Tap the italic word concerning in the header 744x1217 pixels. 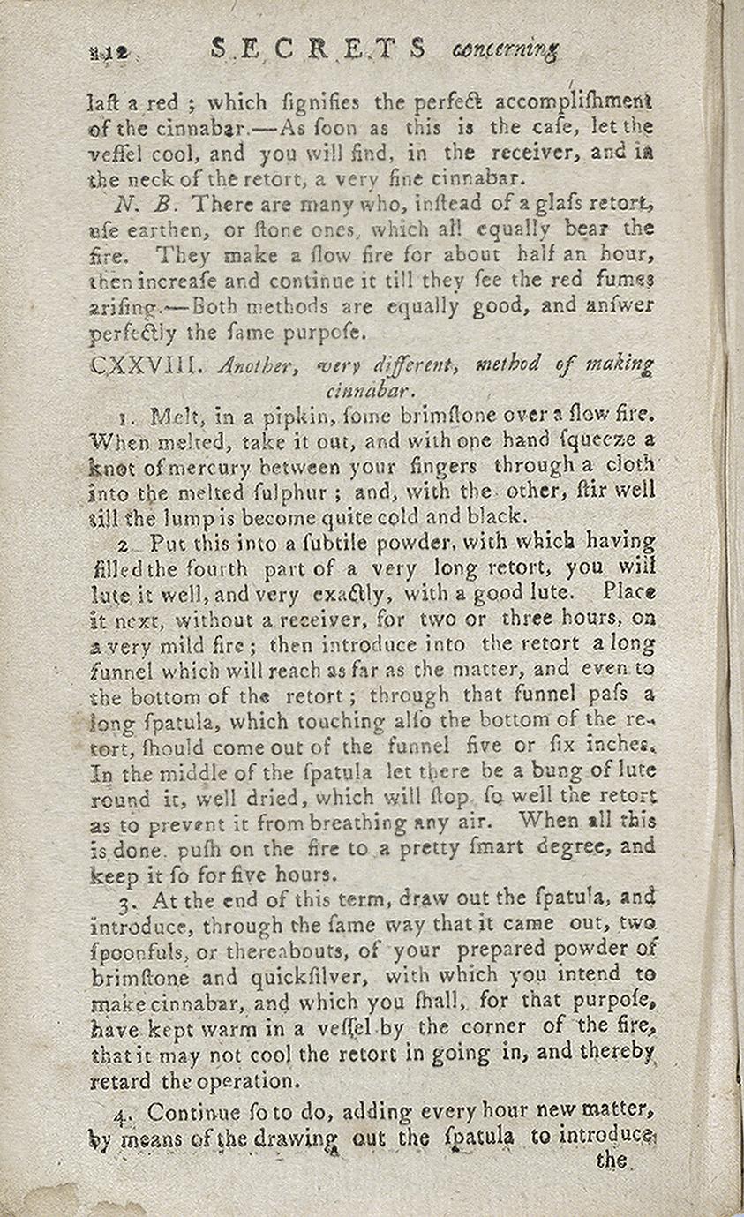point(505,49)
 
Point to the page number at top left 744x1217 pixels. point(109,53)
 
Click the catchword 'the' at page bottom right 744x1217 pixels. point(612,1160)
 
